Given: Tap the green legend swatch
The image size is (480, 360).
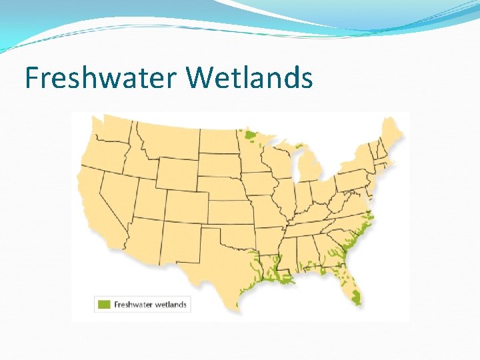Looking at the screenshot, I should tap(104, 305).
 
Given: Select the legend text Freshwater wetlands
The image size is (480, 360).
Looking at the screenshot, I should tap(151, 305).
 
